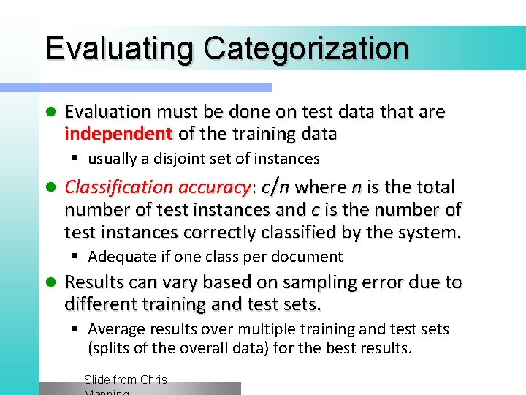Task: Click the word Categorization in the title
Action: click(306, 48)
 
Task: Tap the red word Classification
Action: click(121, 188)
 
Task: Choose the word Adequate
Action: click(121, 257)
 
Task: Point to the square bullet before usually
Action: click(77, 159)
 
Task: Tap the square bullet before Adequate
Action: click(77, 257)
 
